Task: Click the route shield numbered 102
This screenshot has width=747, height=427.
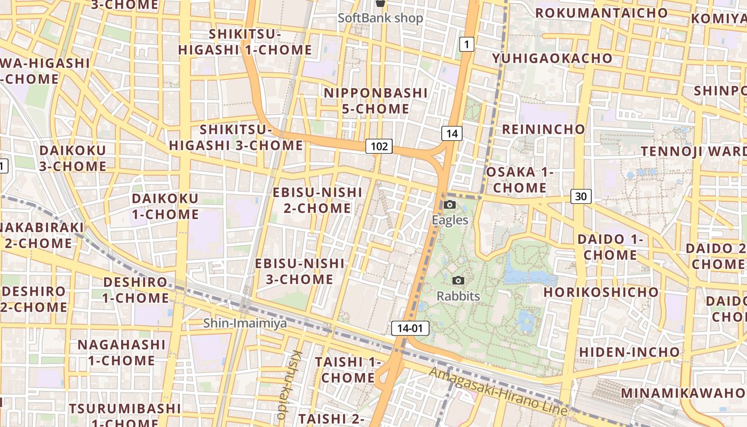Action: (379, 146)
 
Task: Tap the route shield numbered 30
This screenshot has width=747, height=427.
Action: (581, 196)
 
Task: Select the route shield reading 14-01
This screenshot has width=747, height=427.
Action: (410, 328)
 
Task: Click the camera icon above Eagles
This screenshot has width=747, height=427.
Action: (450, 205)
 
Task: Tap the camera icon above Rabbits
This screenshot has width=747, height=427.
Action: (458, 281)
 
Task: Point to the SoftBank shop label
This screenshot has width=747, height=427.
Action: (380, 18)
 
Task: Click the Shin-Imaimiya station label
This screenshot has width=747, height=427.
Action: (245, 323)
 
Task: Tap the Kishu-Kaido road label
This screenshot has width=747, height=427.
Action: (288, 384)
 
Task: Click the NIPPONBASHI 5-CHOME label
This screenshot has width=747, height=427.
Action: (376, 101)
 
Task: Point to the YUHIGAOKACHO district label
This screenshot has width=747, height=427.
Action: (552, 58)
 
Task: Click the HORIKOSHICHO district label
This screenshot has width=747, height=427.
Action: (601, 292)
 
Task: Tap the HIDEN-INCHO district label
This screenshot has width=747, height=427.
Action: (630, 352)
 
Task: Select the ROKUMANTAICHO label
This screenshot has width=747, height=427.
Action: (601, 13)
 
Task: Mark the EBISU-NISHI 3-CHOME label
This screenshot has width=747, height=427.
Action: (300, 271)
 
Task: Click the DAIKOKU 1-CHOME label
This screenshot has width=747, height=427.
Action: (165, 207)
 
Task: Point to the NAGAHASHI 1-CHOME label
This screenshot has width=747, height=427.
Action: (122, 352)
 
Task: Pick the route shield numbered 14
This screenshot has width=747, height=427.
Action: (451, 133)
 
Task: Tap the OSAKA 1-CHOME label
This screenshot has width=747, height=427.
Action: (520, 180)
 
